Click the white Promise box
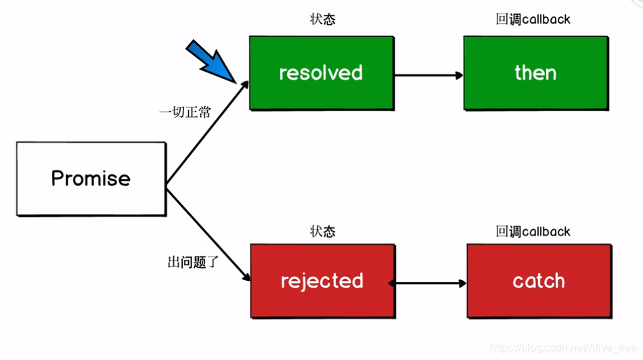[91, 179]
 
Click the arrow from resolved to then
[428, 74]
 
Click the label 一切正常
[185, 112]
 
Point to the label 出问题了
[193, 261]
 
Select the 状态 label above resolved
[322, 20]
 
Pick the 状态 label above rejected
[322, 232]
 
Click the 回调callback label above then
[533, 20]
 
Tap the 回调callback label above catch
[533, 232]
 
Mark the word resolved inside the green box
[321, 73]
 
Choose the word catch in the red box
[539, 281]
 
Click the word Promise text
[91, 179]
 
